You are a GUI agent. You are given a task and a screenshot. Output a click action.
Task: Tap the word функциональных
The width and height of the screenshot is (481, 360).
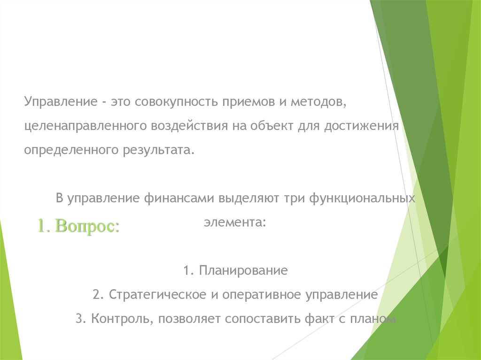[362, 198]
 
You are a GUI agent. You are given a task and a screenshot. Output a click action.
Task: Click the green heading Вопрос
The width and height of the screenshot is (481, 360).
[87, 226]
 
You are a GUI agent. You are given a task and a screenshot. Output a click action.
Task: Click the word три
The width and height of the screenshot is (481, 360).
[293, 198]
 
